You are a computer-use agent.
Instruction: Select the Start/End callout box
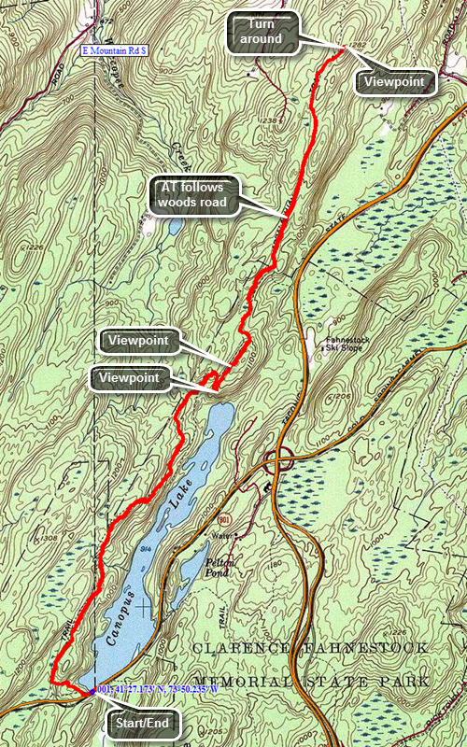click(x=137, y=723)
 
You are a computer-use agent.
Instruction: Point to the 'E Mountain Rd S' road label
click(x=116, y=50)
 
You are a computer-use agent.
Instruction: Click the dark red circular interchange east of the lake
click(x=277, y=459)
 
